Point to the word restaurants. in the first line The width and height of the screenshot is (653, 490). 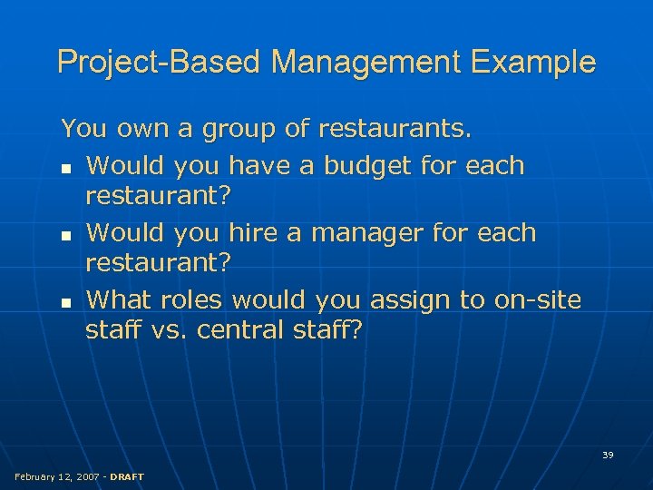pos(394,130)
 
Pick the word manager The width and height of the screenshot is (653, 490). pos(370,233)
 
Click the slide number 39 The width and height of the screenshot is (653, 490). pos(608,455)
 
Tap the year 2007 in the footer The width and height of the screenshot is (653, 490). pos(89,476)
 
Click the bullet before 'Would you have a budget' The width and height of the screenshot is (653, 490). pos(66,168)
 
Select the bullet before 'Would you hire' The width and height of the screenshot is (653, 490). pos(66,235)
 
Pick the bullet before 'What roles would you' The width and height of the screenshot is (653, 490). pos(66,301)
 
